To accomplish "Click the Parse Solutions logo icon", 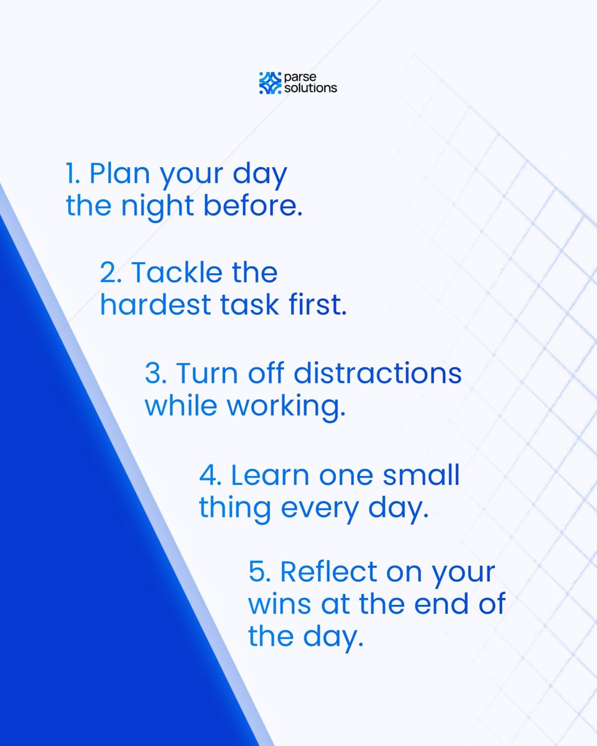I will click(270, 83).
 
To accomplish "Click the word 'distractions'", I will click(377, 374).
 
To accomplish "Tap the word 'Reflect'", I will click(328, 572).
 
